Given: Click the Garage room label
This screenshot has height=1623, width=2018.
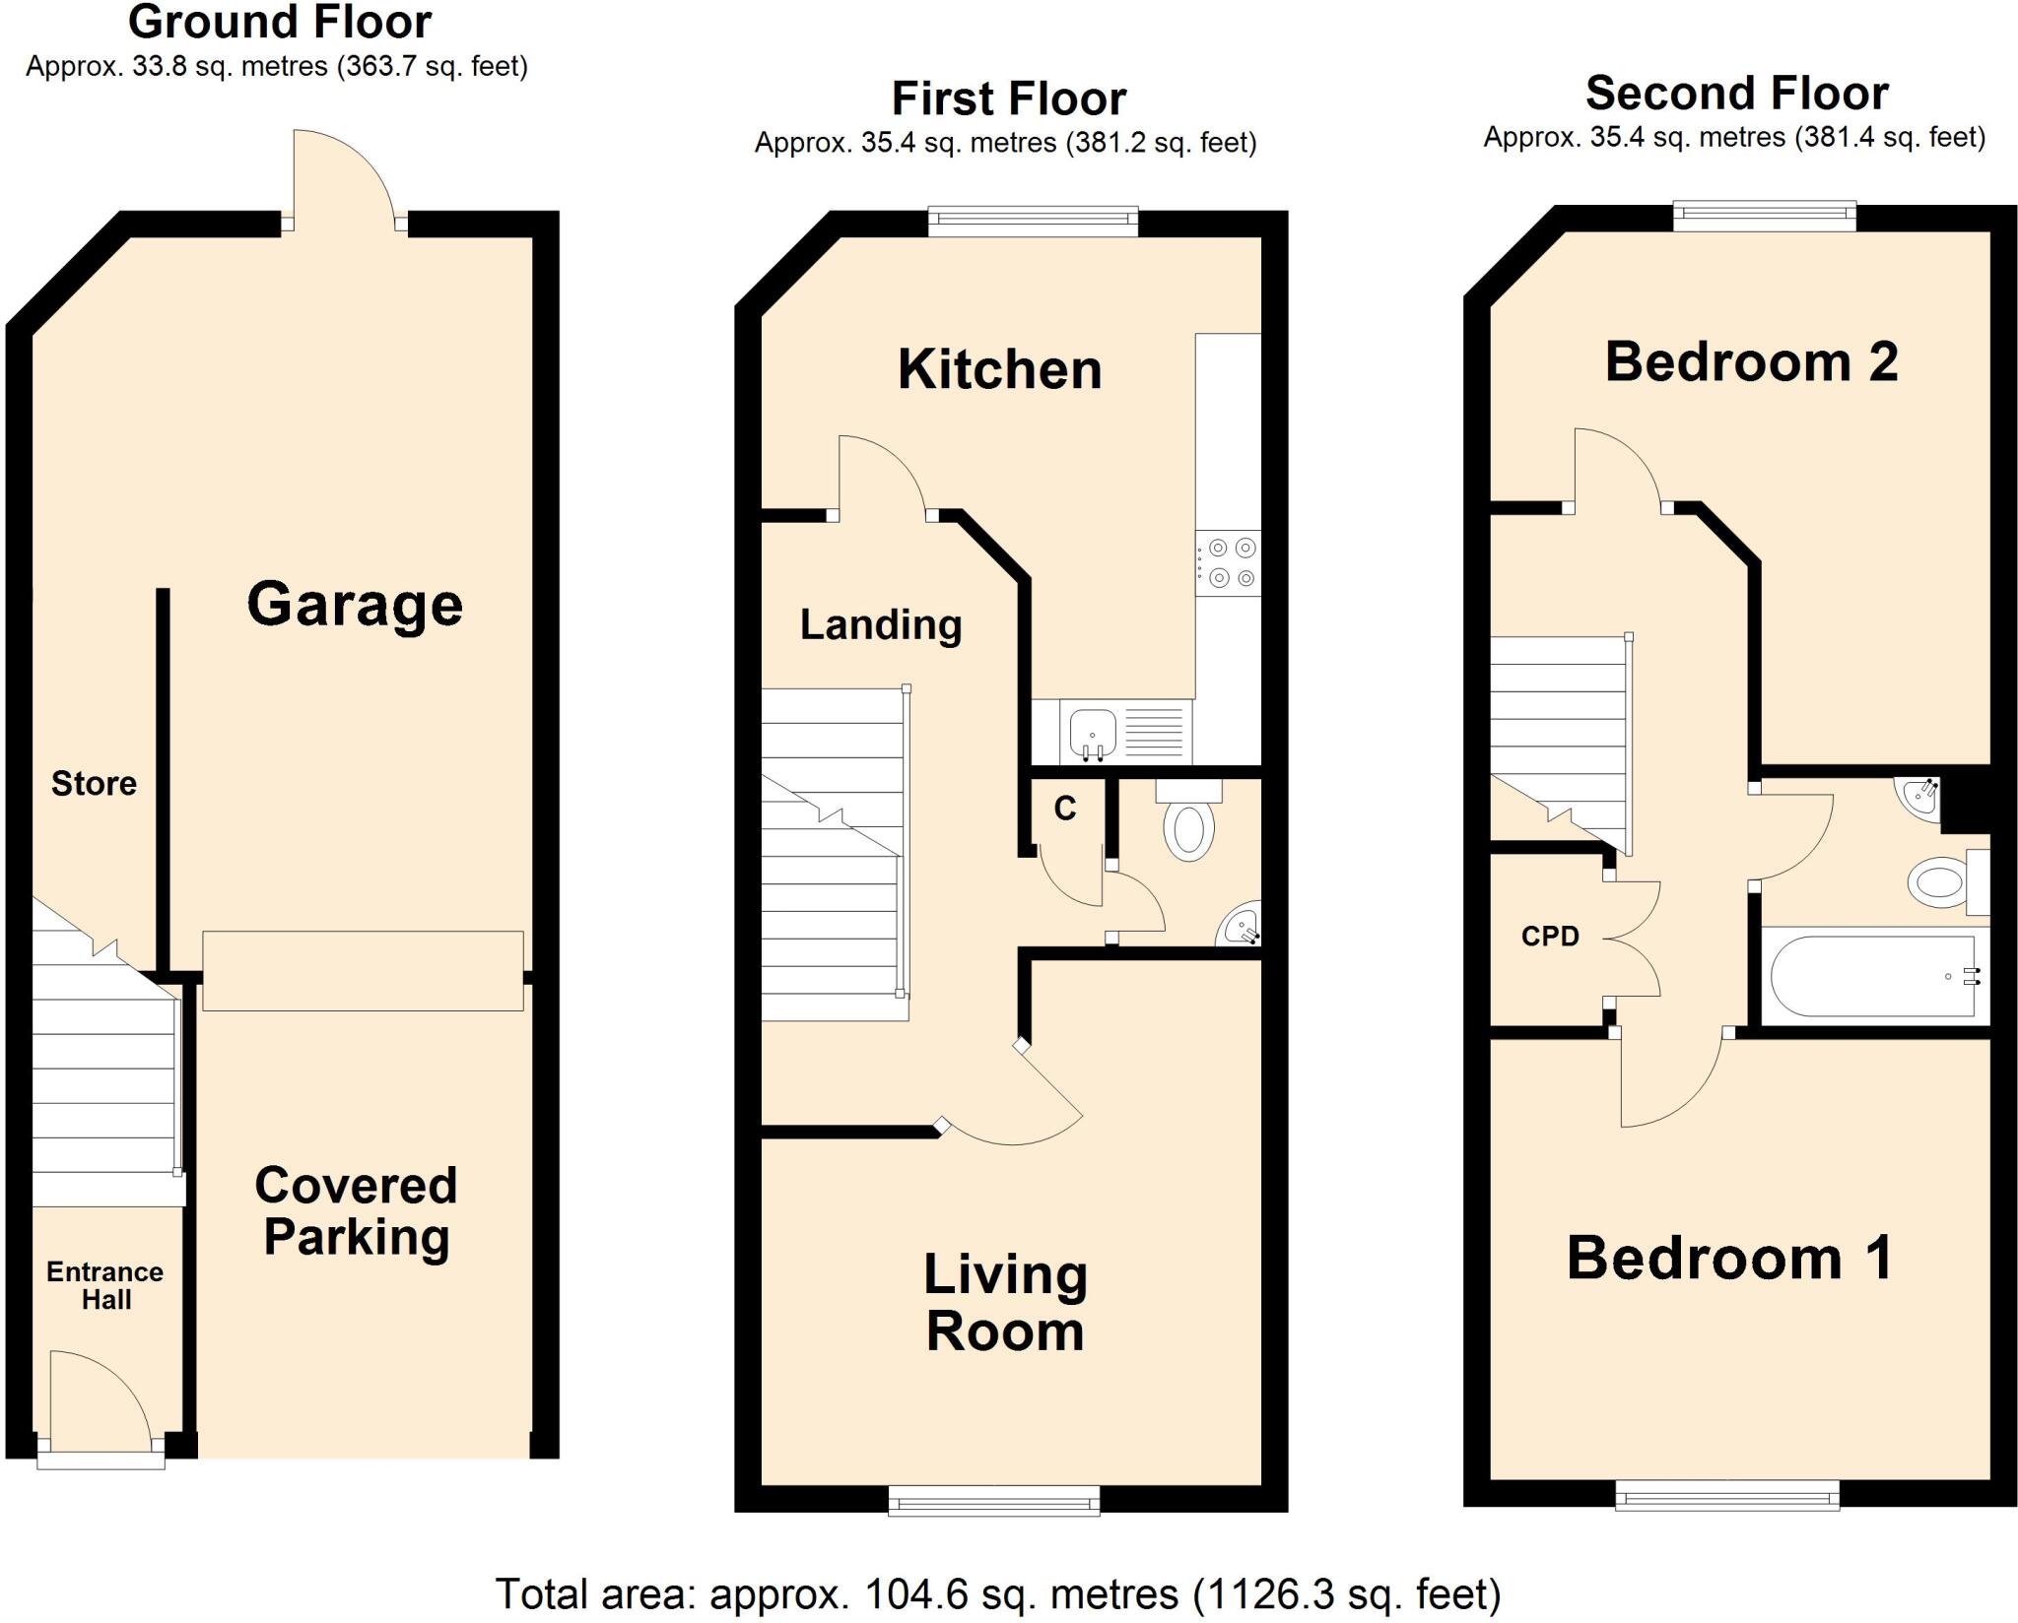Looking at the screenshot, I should pos(355,604).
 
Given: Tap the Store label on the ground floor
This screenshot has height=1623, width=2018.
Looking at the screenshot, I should pos(94,783).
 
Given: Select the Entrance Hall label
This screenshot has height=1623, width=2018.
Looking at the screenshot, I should pos(105,1285).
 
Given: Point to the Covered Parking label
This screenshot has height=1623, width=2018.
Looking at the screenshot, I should pos(357,1211).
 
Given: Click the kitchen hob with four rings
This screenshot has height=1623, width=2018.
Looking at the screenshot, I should pos(1229,562).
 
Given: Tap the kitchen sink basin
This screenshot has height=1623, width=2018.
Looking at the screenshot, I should pos(1092,732).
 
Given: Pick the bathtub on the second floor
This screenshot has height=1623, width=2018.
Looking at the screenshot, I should pos(1872,976).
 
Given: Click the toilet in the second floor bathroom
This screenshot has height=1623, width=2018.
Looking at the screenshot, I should pos(1941,880).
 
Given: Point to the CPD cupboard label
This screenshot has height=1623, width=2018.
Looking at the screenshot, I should pos(1550,936).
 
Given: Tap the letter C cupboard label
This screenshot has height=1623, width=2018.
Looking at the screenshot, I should pos(1064,809).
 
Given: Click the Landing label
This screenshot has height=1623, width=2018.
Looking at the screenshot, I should pos(881,624).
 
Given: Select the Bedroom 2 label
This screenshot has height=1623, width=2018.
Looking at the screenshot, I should pos(1751,361).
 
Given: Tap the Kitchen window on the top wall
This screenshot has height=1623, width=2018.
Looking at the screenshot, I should pos(1033,222).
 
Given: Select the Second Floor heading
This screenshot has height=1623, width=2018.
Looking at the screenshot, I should pos(1736,94).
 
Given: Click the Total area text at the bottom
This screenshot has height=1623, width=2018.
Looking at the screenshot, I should pos(997,1593).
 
